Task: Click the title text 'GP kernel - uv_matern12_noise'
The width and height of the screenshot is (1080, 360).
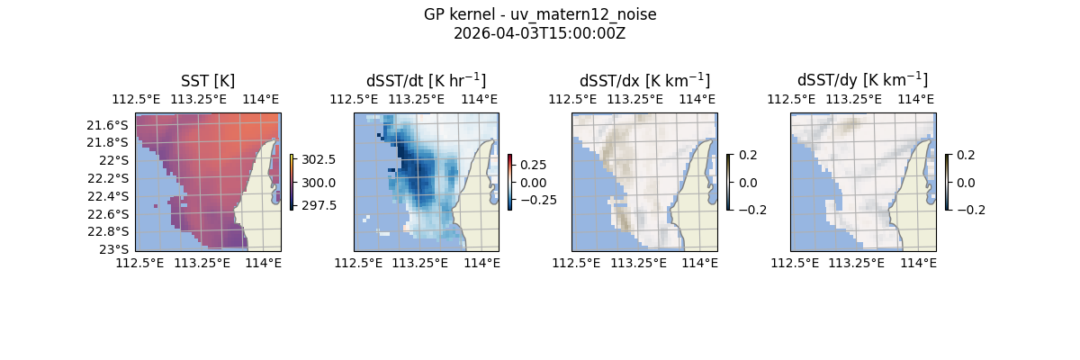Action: click(x=539, y=14)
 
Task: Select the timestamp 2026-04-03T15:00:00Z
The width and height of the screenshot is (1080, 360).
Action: click(x=539, y=33)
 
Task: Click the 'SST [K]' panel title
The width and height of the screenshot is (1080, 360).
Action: click(x=207, y=81)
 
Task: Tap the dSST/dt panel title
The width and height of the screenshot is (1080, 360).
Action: click(x=426, y=81)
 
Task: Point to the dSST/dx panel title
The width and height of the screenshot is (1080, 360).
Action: click(x=644, y=81)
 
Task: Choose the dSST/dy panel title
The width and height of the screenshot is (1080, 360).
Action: click(x=862, y=81)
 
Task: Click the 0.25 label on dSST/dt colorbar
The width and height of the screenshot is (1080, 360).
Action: click(x=533, y=166)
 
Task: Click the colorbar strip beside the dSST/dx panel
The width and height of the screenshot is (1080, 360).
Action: click(x=729, y=182)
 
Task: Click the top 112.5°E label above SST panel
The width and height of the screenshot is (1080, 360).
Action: click(x=135, y=99)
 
